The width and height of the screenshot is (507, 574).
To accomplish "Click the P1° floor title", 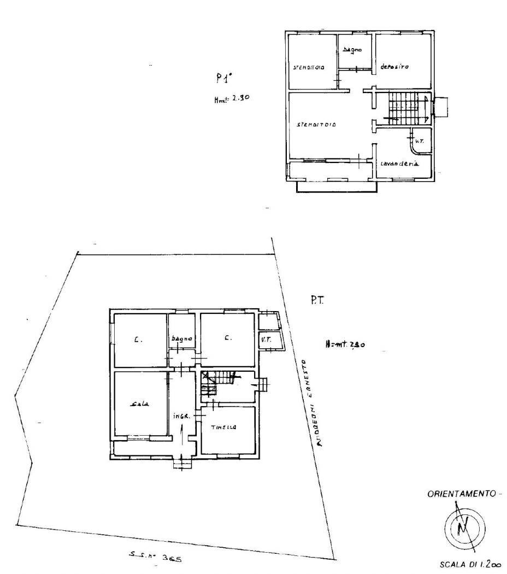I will click(221, 78).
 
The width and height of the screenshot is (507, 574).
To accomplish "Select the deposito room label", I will click(394, 67).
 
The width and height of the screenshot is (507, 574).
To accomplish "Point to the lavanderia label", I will click(399, 164).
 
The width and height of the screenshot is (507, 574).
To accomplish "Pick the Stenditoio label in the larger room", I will click(316, 125).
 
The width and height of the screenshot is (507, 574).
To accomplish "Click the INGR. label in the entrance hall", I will click(181, 416).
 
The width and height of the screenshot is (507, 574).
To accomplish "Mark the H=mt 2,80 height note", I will click(345, 345).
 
